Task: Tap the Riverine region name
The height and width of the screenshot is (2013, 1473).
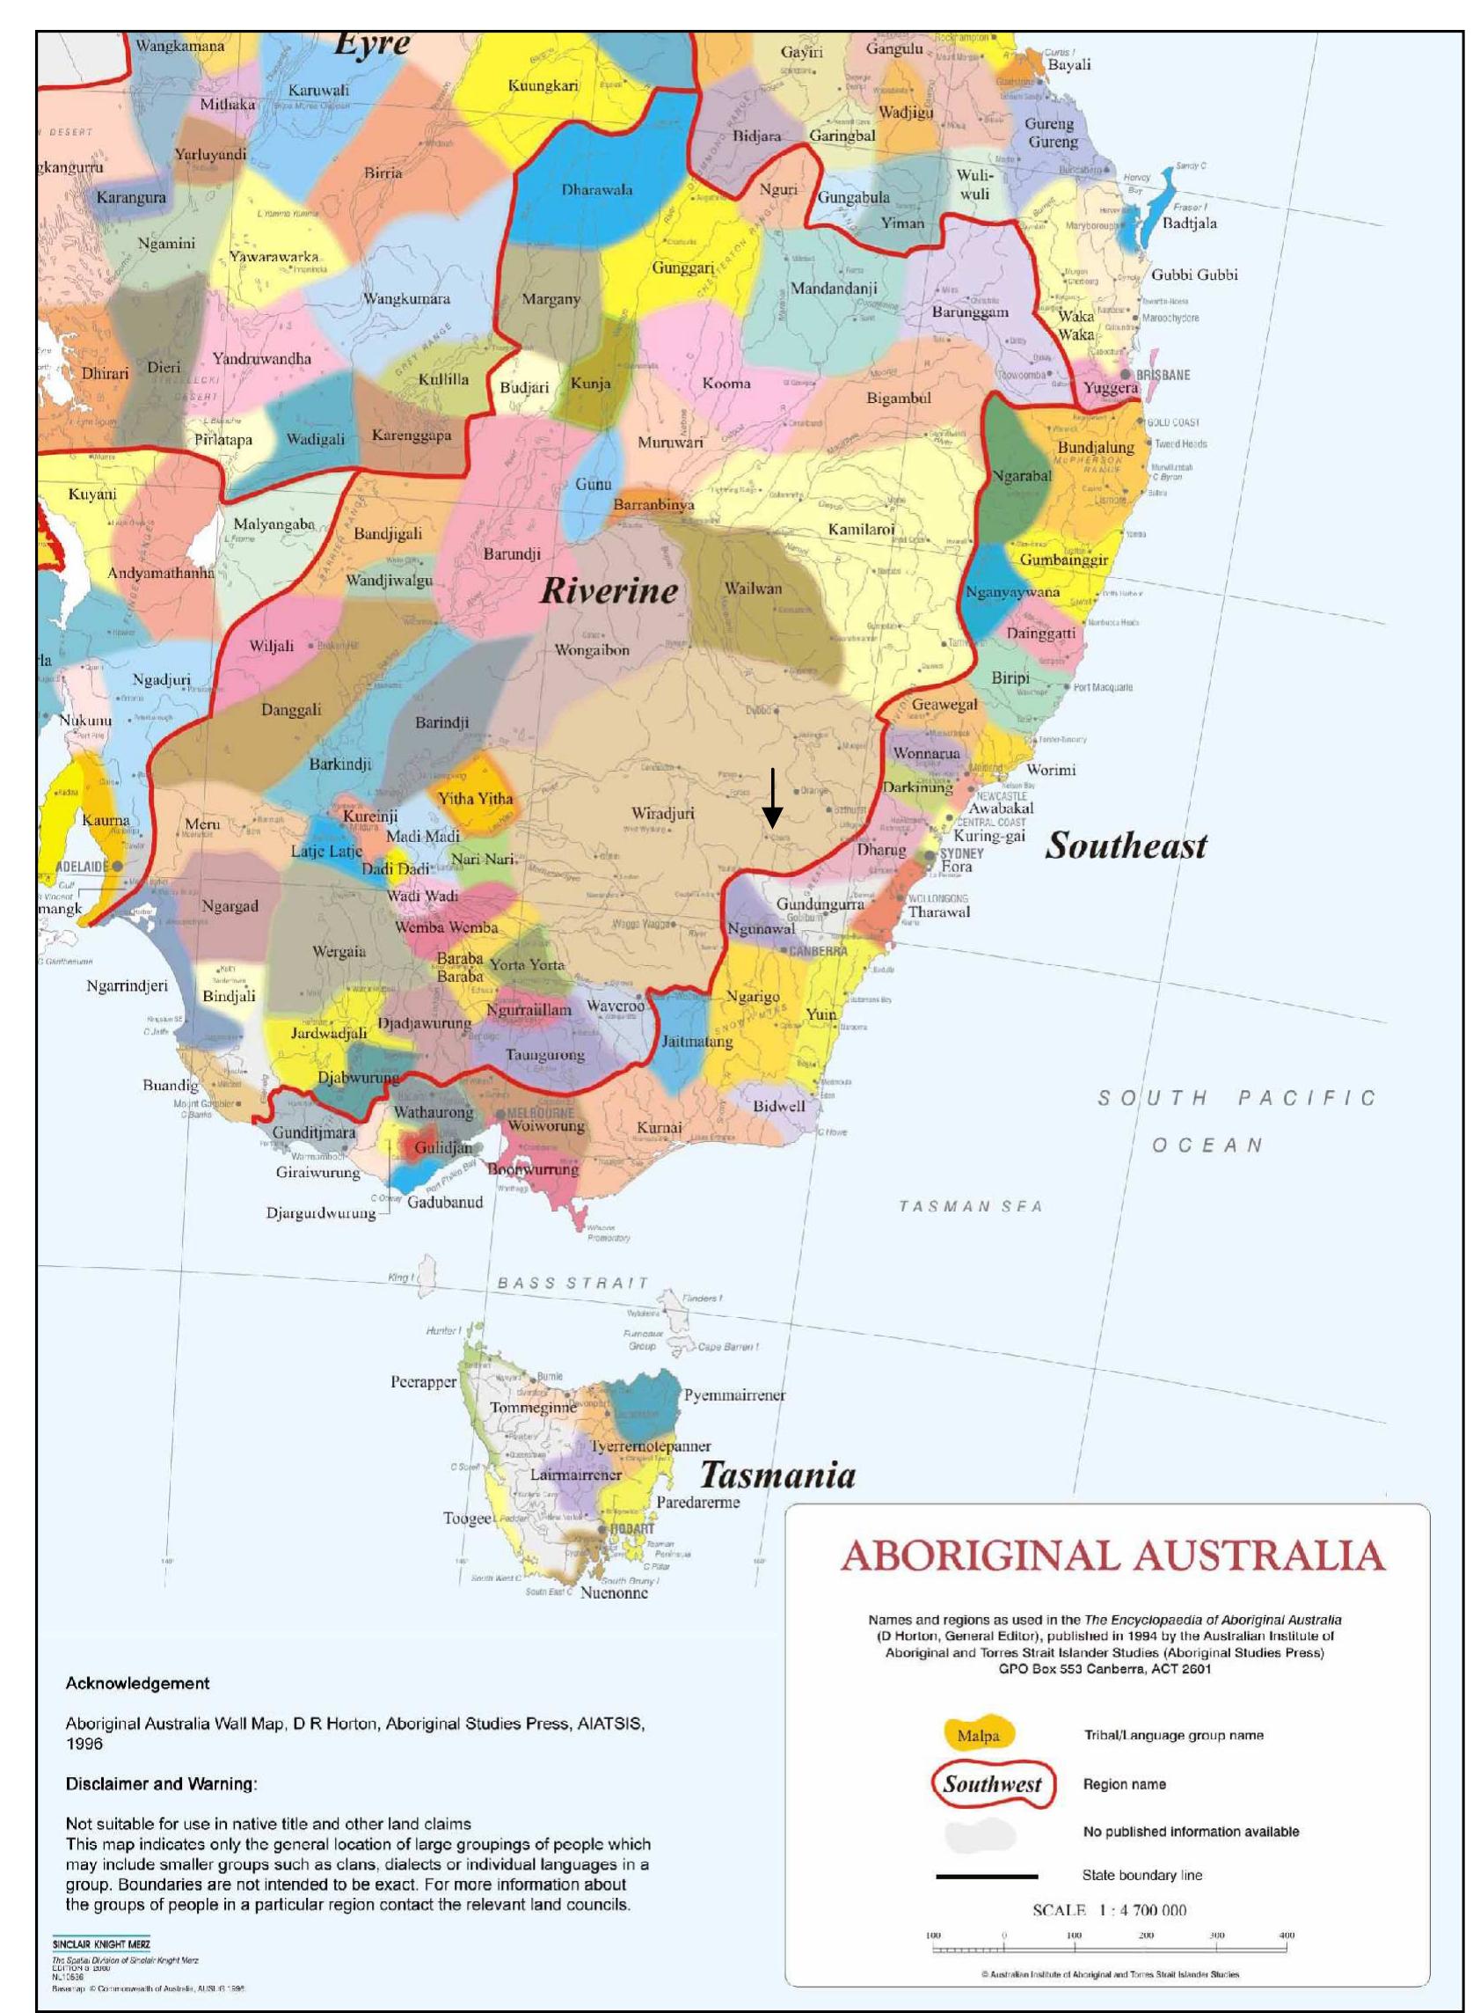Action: pyautogui.click(x=609, y=590)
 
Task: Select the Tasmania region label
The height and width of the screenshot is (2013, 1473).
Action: pyautogui.click(x=777, y=1475)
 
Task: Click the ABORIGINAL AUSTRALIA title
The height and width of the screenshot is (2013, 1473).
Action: pyautogui.click(x=1112, y=1556)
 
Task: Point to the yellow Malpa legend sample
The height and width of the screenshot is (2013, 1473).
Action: pyautogui.click(x=979, y=1735)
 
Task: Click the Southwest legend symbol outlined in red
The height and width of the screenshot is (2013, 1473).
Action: pyautogui.click(x=992, y=1783)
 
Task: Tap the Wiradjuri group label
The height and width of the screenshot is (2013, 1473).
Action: pyautogui.click(x=662, y=814)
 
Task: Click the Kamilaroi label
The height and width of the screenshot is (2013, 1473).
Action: pyautogui.click(x=860, y=529)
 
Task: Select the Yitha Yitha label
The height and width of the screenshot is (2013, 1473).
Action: pyautogui.click(x=475, y=798)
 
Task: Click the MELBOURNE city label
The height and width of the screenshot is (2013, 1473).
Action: pyautogui.click(x=540, y=1113)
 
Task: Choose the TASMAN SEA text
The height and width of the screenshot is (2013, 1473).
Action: pyautogui.click(x=970, y=1206)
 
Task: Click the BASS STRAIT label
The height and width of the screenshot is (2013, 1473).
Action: pyautogui.click(x=572, y=1283)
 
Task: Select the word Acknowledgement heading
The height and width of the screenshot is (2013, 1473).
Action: pyautogui.click(x=137, y=1683)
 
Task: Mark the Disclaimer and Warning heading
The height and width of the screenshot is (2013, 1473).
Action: pyautogui.click(x=161, y=1783)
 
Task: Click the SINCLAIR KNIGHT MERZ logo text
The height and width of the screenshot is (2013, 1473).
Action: pyautogui.click(x=101, y=1943)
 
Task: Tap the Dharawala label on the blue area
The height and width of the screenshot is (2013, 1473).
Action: pyautogui.click(x=596, y=189)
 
